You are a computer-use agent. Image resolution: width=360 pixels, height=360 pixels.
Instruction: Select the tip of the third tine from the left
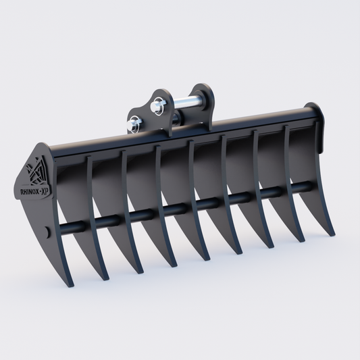pyautogui.click(x=140, y=272)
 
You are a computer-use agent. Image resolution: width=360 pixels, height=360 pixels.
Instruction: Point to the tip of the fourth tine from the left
pyautogui.click(x=174, y=265)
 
